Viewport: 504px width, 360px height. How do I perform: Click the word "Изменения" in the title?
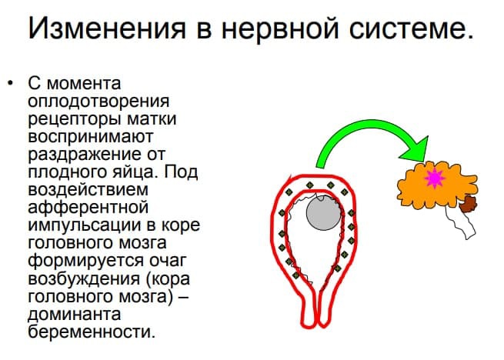tap(107, 28)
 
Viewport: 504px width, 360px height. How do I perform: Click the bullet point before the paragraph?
tap(11, 83)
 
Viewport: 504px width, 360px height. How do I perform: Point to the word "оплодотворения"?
tap(98, 102)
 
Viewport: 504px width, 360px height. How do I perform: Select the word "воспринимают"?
tap(90, 138)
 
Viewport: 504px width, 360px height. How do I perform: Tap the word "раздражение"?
tap(84, 155)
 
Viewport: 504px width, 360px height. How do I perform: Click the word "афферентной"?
tap(88, 208)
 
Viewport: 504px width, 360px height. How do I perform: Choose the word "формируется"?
tap(85, 261)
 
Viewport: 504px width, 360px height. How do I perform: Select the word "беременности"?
tap(92, 332)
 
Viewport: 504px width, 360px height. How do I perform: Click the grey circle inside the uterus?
tap(323, 212)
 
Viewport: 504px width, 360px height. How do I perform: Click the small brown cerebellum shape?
tap(468, 204)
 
